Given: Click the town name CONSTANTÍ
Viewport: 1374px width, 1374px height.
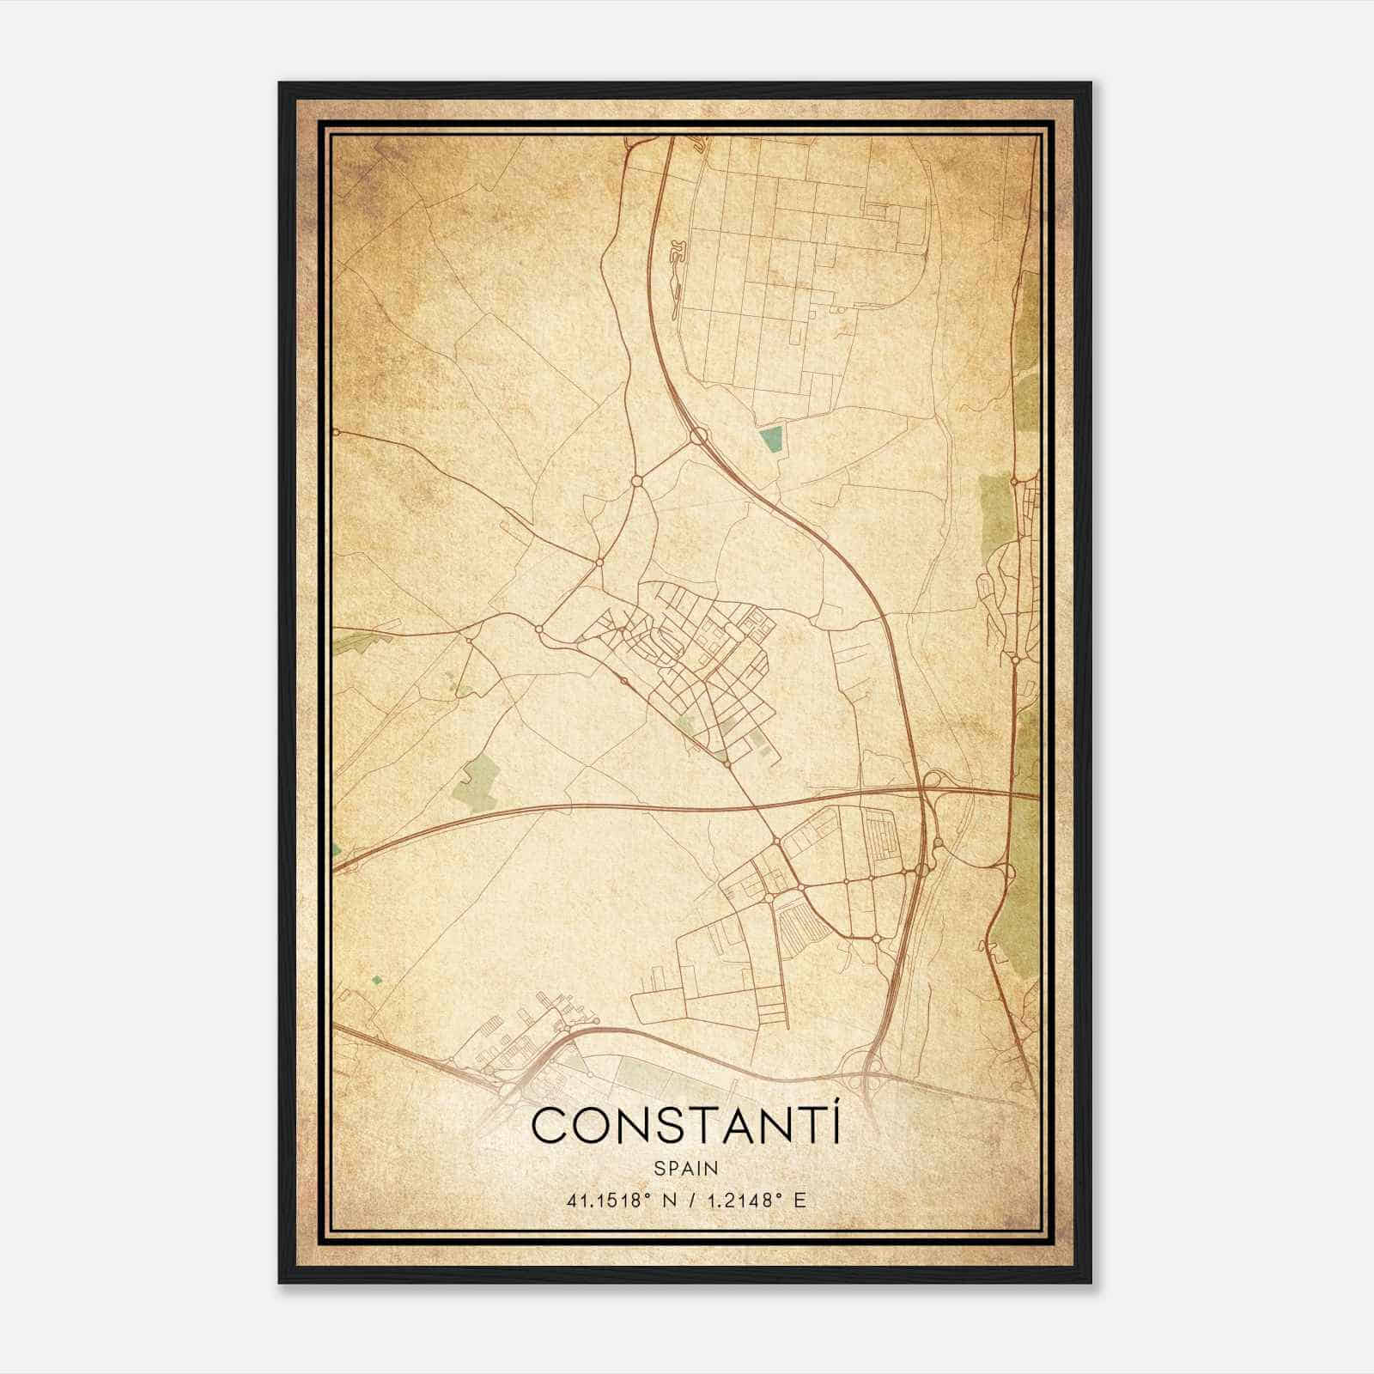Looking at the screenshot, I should [686, 1125].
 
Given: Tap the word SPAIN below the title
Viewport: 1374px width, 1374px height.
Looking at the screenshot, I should [686, 1168].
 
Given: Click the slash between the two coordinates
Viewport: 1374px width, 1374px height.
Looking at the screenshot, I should [686, 1201].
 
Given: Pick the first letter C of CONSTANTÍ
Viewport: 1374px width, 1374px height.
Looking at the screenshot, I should [550, 1126].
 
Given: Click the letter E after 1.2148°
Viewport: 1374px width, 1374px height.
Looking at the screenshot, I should [800, 1201].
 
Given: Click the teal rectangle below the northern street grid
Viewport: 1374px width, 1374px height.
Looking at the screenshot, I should [771, 441].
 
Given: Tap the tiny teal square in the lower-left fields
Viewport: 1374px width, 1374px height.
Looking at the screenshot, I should [375, 979].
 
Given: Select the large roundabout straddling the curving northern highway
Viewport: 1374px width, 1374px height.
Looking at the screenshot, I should [698, 437].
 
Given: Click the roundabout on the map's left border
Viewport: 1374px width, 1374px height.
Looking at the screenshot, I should [336, 431].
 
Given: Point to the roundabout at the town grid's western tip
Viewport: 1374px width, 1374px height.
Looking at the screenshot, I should [539, 629].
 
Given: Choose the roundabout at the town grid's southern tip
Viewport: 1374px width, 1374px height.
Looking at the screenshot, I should [727, 762].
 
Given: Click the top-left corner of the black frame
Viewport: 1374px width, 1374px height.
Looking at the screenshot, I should [280, 83].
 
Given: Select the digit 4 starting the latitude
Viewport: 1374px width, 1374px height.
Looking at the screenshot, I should [570, 1201].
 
